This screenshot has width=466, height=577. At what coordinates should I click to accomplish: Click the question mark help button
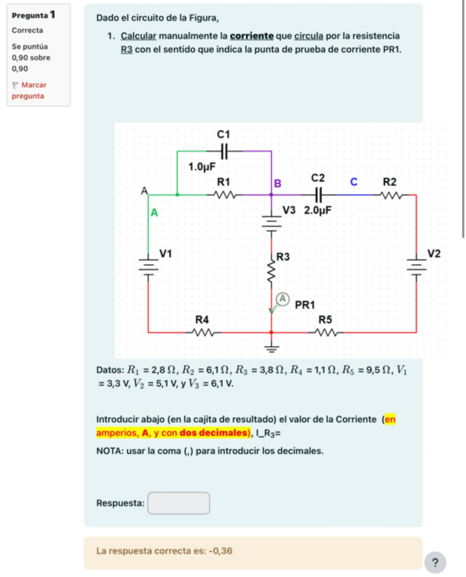click(435, 561)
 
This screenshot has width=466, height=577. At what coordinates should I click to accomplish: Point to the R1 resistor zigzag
click(225, 195)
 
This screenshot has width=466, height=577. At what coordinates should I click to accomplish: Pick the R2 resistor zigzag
click(391, 195)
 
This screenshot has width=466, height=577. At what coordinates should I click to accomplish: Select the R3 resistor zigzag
click(272, 274)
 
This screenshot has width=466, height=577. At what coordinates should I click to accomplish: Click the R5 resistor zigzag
click(326, 333)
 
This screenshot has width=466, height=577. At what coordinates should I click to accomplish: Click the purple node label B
click(277, 183)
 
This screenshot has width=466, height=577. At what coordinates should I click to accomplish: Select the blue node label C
click(353, 182)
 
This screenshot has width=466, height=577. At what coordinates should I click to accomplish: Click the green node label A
click(154, 212)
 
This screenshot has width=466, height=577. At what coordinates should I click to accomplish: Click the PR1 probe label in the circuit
click(308, 303)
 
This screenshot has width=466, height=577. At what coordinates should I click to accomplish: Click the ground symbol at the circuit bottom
click(272, 349)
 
